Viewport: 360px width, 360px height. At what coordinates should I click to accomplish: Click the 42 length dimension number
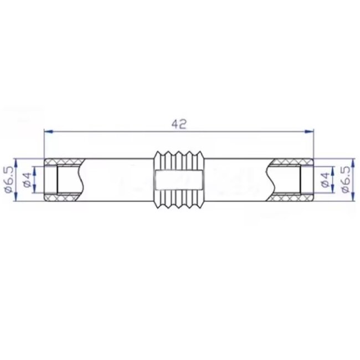(178, 125)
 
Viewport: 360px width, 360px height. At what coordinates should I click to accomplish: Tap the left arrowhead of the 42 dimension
(48, 131)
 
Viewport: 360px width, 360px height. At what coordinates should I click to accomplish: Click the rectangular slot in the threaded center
(178, 179)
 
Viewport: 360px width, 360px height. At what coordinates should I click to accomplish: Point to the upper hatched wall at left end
(64, 162)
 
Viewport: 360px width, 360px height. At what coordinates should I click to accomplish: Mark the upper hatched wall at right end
(292, 162)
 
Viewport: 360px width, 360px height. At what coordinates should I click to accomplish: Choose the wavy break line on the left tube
(81, 178)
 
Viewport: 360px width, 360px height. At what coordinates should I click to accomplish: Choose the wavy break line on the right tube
(275, 178)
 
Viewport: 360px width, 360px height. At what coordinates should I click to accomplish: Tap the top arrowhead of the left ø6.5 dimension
(17, 161)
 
